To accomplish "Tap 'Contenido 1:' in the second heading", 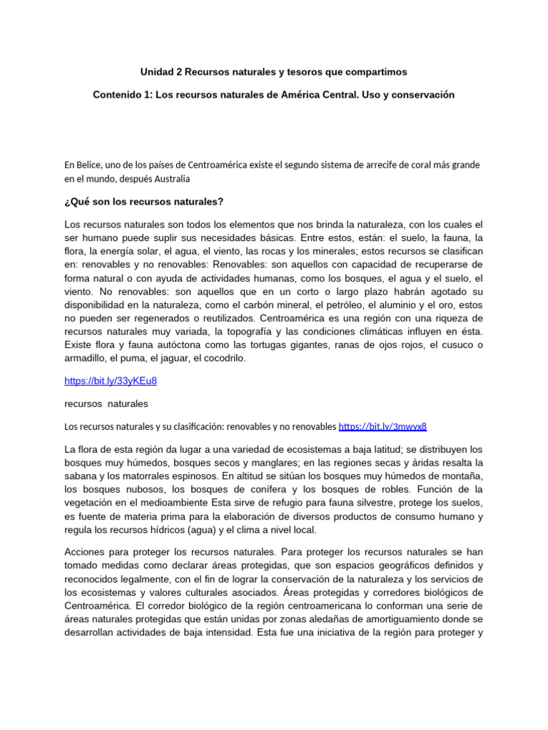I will click(x=124, y=94).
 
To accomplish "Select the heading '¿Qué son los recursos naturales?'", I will click(x=144, y=201).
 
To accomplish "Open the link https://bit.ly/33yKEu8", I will click(x=111, y=381).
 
